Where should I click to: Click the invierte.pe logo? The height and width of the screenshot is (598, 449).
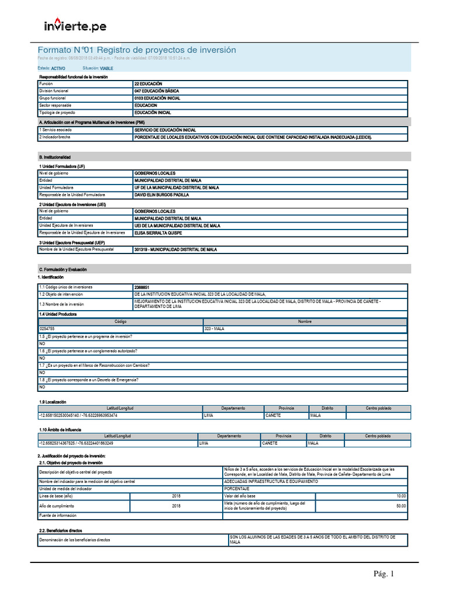(75, 26)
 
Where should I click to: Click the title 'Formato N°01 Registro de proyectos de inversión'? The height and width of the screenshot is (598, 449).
(137, 50)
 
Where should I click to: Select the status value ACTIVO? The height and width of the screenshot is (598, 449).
(58, 68)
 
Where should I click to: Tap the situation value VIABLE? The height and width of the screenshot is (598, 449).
(106, 68)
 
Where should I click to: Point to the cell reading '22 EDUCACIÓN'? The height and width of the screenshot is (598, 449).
(148, 84)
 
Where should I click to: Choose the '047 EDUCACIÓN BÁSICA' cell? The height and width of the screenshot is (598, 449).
(157, 91)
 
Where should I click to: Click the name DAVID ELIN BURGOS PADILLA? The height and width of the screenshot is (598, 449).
(162, 194)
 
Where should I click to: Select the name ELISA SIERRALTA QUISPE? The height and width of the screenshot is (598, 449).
(158, 232)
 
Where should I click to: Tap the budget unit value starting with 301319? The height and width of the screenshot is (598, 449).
(175, 249)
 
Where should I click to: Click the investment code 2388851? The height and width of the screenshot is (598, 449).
(141, 287)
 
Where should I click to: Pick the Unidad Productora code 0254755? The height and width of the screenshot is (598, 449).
(47, 329)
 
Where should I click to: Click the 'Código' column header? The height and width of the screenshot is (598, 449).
(120, 322)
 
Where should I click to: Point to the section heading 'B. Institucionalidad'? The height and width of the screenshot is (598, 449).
(54, 157)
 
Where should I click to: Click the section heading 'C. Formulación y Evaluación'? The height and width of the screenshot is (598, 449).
(62, 269)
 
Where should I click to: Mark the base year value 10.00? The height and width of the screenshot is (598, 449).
(400, 495)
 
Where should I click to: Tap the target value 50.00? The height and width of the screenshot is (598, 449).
(400, 505)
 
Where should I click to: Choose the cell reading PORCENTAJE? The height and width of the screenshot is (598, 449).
(236, 488)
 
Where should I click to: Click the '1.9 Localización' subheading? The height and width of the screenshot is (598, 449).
(53, 402)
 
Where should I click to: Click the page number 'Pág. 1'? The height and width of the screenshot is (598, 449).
(384, 574)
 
